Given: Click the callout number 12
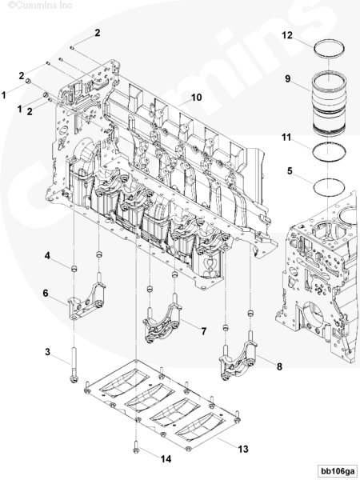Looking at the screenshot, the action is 287,35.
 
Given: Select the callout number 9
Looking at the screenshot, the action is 288,78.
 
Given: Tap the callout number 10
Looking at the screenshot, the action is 197,98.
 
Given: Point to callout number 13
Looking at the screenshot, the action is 243,449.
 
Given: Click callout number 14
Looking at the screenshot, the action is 166,459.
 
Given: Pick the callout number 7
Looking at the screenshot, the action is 204,331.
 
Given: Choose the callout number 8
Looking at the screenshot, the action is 279,366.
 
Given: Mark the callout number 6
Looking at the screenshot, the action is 46,293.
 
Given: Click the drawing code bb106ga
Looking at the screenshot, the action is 337,470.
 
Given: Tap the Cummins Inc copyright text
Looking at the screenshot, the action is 40,6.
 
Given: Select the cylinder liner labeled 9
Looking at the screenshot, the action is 328,104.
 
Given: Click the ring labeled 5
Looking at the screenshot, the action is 329,180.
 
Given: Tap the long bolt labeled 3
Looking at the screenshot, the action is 74,365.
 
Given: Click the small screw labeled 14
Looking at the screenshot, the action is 136,446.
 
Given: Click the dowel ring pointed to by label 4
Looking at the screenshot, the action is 74,269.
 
